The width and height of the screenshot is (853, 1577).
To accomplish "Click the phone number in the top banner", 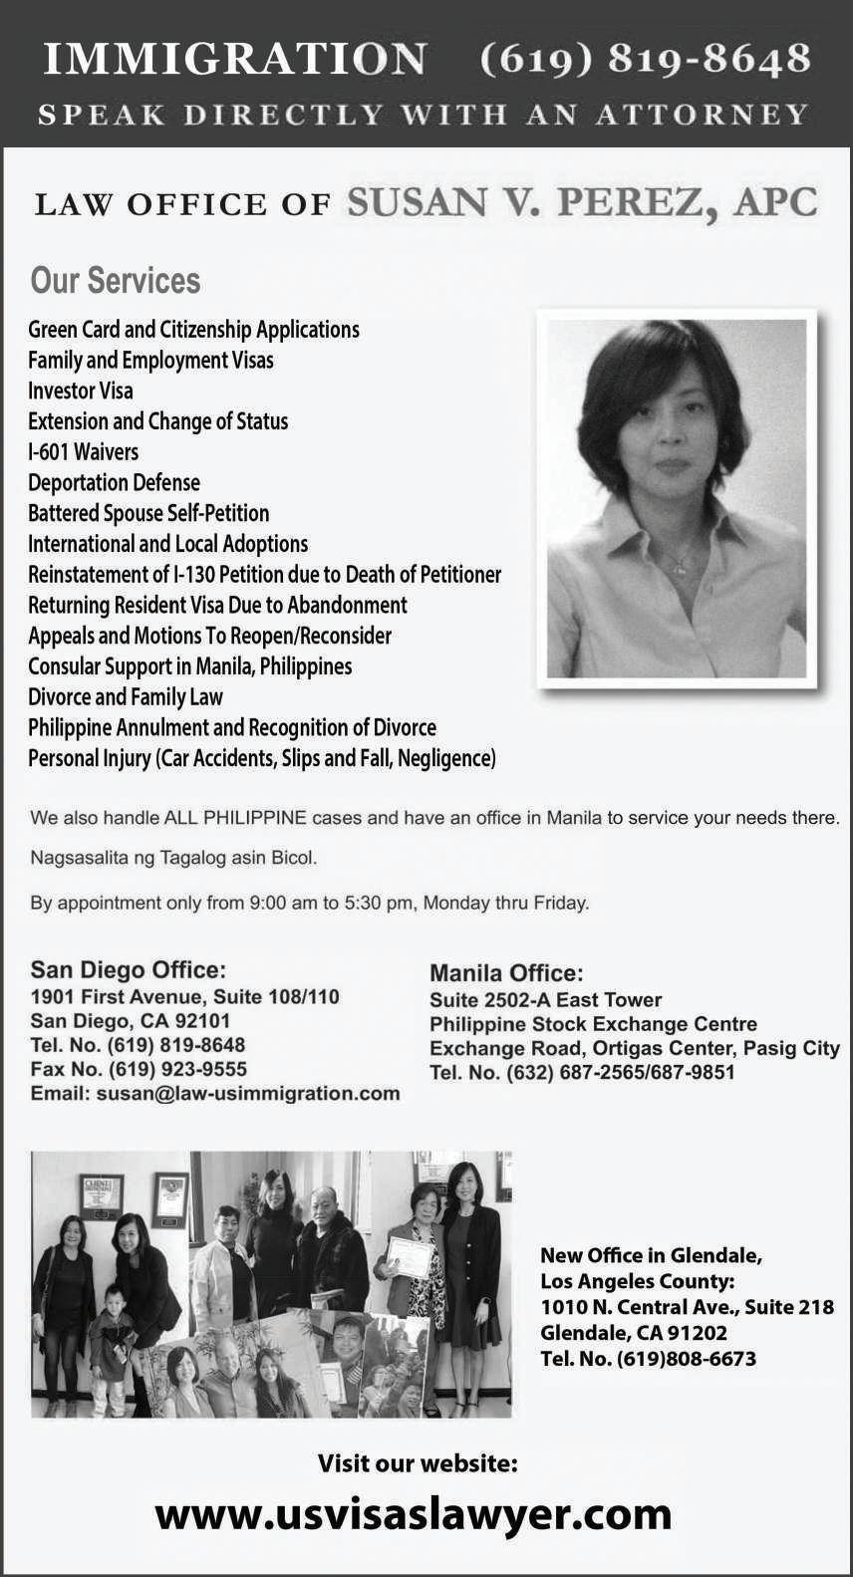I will tap(645, 60).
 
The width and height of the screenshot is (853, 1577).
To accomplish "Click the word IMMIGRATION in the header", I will tap(235, 60).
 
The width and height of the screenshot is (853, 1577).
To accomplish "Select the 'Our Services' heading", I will tap(116, 281).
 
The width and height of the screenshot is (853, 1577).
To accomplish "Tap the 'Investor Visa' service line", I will tap(81, 391).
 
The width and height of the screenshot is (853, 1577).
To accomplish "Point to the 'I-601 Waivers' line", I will tap(84, 451).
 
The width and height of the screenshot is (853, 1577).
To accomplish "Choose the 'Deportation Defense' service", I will tap(114, 482).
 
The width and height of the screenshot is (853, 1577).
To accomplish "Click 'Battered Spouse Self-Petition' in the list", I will tap(148, 513).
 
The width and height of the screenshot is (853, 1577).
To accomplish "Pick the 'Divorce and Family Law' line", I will tap(126, 696).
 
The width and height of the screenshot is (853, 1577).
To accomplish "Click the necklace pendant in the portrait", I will tap(679, 570).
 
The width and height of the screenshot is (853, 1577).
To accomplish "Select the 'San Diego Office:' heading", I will tap(128, 969).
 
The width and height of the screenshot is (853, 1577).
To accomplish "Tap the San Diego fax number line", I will tap(139, 1069).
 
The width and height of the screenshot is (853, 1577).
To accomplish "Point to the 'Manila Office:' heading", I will tap(506, 973).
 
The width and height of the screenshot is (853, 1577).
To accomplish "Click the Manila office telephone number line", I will tap(582, 1072).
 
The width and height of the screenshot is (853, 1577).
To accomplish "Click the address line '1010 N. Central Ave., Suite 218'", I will tap(687, 1307).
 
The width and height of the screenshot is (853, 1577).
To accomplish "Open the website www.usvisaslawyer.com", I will tap(414, 1514).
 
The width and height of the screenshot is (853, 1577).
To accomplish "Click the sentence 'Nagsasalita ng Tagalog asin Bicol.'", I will tap(173, 857).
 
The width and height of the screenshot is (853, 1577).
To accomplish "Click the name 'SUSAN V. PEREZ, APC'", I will tap(582, 202).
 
